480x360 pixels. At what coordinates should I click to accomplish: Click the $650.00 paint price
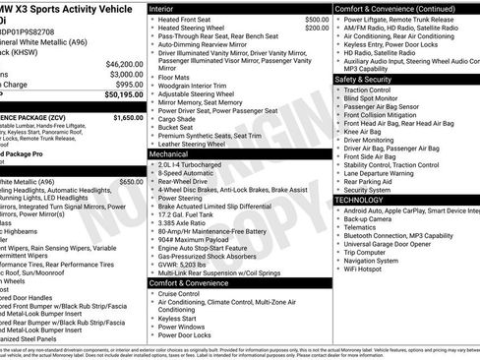[131, 154]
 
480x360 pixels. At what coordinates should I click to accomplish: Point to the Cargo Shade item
[180, 117]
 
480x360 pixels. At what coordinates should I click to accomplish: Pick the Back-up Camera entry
[374, 218]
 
